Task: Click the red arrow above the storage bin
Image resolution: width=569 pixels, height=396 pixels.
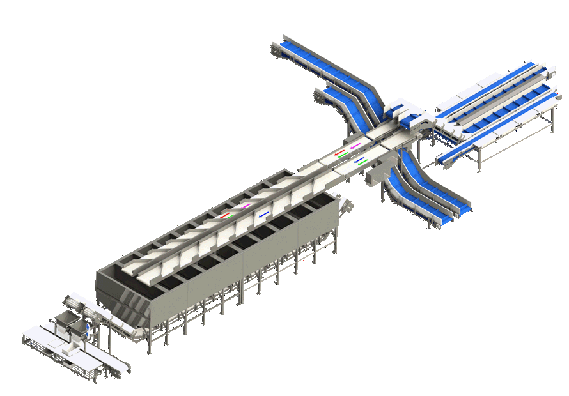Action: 225,216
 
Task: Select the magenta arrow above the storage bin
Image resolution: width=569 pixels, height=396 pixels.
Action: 246,206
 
